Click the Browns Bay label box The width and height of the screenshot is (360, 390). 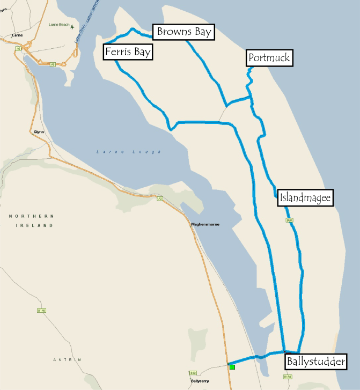[x=183, y=32]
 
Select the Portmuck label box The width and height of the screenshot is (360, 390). [x=269, y=58]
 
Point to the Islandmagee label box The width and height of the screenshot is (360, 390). [x=306, y=198]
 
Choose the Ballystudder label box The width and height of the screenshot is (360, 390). [x=315, y=361]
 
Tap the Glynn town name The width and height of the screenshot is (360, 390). [x=39, y=131]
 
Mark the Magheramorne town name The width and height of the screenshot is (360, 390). [x=205, y=224]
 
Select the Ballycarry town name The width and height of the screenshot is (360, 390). [x=199, y=381]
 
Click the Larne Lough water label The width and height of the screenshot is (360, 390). [x=128, y=152]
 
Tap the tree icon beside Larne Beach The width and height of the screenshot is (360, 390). [x=72, y=26]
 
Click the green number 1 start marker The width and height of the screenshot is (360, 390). [x=232, y=367]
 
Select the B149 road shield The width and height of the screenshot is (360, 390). [x=42, y=310]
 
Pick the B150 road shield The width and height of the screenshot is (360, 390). [x=288, y=377]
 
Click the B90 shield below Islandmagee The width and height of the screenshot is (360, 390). [x=289, y=220]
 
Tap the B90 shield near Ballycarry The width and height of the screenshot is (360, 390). [x=193, y=372]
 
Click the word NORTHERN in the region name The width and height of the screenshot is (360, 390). [x=32, y=216]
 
